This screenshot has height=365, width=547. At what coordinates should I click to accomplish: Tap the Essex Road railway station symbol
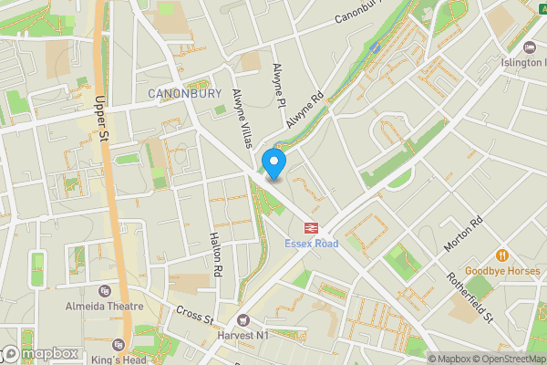click(311, 228)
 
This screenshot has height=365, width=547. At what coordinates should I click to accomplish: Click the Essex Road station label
click(311, 245)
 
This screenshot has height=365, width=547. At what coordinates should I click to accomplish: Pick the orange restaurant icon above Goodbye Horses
click(501, 255)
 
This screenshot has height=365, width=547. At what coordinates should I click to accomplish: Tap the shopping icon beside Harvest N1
click(243, 320)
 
